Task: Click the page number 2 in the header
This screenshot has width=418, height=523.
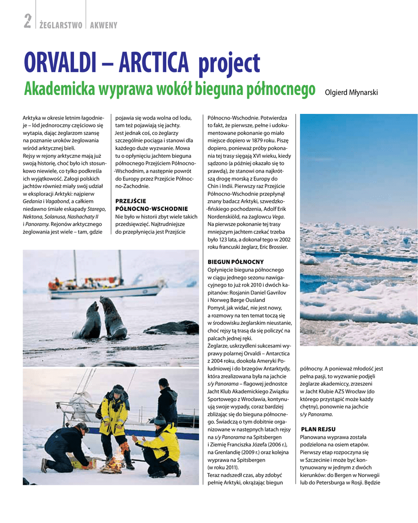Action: coord(28,21)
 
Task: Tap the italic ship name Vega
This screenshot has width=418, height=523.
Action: coord(279,217)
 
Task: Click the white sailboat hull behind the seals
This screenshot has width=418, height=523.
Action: coord(107,292)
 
